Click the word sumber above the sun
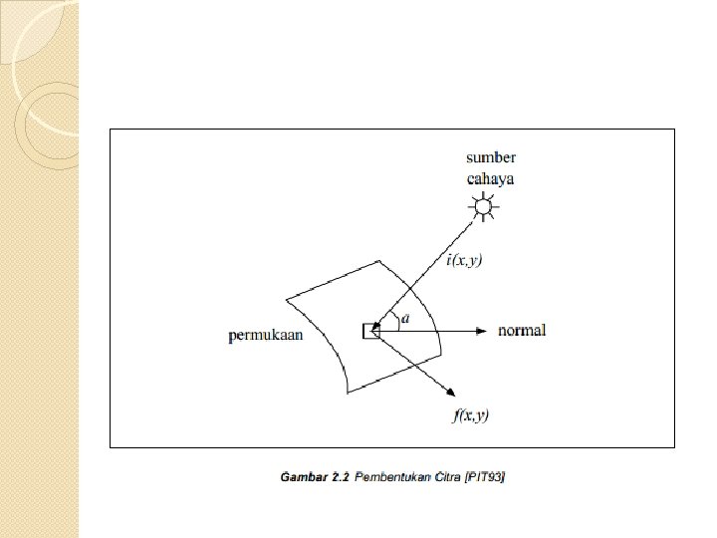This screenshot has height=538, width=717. [491, 158]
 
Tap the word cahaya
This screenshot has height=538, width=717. [491, 179]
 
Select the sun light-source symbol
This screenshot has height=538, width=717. [484, 207]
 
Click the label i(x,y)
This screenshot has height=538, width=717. [463, 261]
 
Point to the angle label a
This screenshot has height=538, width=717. [405, 319]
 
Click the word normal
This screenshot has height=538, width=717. [522, 330]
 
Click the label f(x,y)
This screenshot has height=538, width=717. [471, 414]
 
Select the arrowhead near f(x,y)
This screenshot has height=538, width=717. [451, 393]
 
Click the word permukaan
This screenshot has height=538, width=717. [266, 336]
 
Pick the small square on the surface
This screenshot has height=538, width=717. [370, 330]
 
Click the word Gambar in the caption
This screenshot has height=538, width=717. [302, 478]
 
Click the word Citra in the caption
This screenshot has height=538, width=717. [445, 478]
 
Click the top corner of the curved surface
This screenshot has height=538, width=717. [377, 262]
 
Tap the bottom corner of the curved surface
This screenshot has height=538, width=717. [348, 394]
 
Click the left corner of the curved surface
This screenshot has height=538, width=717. [287, 298]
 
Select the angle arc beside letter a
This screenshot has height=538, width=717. [395, 321]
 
